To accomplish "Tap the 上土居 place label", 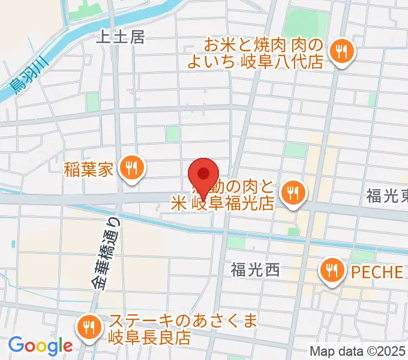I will (x=121, y=37).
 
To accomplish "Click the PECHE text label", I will (x=377, y=271).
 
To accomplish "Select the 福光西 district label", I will (x=256, y=271).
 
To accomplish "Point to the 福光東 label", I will (x=388, y=195).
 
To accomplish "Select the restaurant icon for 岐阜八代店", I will (x=343, y=52).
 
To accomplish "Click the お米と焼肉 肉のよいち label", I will (x=264, y=53).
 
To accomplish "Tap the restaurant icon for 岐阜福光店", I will (x=293, y=193).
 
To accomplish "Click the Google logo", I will (x=40, y=346).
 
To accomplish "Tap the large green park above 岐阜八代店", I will (x=306, y=23).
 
